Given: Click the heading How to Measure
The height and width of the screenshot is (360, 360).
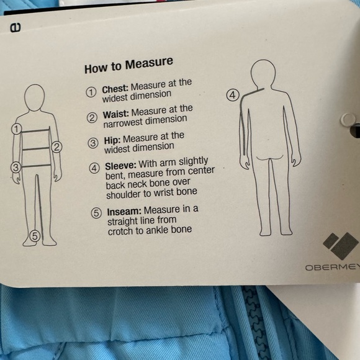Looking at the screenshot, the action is click(x=129, y=66).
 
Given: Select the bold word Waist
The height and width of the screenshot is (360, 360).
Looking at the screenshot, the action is click(x=116, y=114).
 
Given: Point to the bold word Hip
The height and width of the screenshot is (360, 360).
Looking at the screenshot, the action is click(x=112, y=140).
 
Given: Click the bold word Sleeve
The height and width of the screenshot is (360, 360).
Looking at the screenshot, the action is click(x=121, y=166).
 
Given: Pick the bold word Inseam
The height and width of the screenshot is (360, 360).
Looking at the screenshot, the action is click(x=124, y=212).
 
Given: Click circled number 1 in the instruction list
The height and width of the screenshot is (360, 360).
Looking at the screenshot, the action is click(x=91, y=92).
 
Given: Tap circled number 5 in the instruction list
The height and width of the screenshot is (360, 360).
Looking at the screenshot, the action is click(x=96, y=213).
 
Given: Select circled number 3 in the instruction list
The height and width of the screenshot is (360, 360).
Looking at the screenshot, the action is click(x=93, y=143).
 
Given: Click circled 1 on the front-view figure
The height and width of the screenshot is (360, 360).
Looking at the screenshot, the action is click(x=17, y=129).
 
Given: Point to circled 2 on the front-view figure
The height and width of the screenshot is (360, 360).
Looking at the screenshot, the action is click(x=56, y=147).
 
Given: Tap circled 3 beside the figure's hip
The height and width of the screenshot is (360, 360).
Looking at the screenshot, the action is click(x=16, y=168).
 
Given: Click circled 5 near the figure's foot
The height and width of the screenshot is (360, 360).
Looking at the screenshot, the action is click(x=35, y=236).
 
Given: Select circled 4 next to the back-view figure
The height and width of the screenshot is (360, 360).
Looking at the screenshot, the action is click(x=233, y=95).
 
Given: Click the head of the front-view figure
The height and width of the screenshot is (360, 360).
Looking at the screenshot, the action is click(x=34, y=97).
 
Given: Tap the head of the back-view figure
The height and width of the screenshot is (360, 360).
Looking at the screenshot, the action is click(x=263, y=73).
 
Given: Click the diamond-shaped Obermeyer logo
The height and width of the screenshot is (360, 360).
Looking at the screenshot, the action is click(x=341, y=246).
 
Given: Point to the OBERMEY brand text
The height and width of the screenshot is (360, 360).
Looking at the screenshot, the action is click(x=333, y=268).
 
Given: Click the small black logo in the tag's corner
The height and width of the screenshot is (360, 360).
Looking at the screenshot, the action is click(x=16, y=28).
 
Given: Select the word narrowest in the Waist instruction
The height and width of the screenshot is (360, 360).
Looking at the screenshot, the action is click(x=124, y=124).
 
